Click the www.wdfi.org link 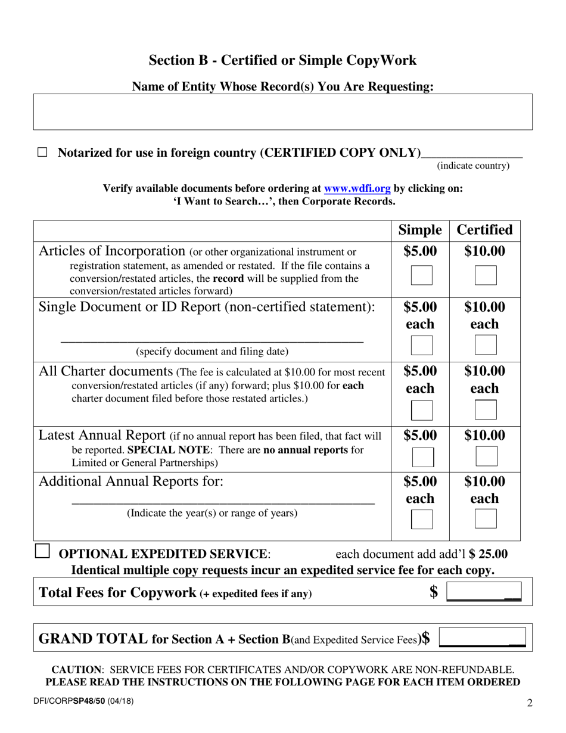click(x=357, y=188)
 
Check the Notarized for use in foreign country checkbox click(x=42, y=153)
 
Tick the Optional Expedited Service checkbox click(x=42, y=551)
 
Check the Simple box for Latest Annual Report click(x=422, y=457)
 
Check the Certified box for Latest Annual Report click(x=486, y=457)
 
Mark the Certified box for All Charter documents click(x=485, y=410)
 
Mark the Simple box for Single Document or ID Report click(x=422, y=346)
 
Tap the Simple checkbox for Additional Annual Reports click(x=422, y=520)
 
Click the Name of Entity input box click(x=282, y=111)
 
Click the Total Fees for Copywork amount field click(x=483, y=592)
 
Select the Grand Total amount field click(x=482, y=638)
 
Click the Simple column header click(x=420, y=231)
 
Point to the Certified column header click(x=484, y=231)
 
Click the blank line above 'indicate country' click(x=471, y=154)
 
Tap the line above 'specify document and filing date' click(x=212, y=340)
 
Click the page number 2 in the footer click(x=530, y=703)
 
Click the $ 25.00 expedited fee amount click(x=489, y=554)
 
